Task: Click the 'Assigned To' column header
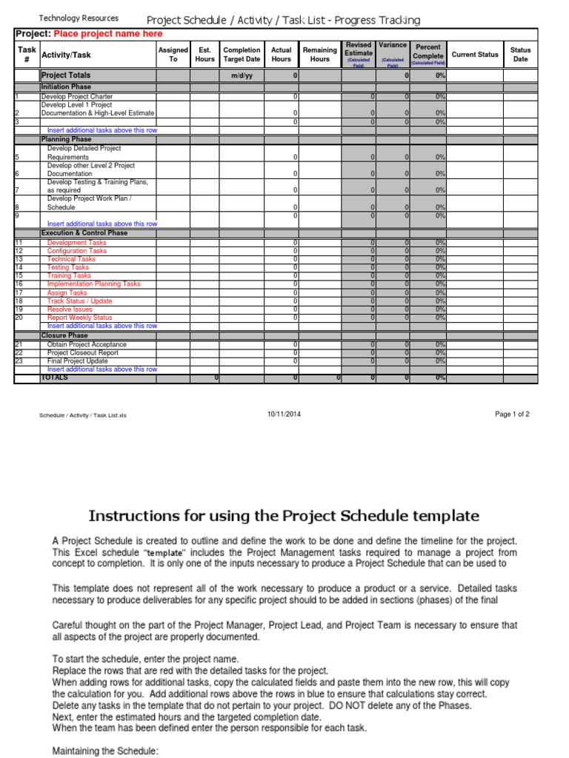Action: coord(173,55)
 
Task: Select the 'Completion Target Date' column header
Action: coord(242,55)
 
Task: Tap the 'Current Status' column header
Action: coord(475,55)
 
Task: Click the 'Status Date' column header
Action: coord(521,55)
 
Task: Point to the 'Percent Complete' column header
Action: coord(428,51)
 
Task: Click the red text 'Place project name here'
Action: coord(108,34)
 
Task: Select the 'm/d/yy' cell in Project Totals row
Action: coord(242,76)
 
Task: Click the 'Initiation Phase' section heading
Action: coord(67,87)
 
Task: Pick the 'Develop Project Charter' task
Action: coord(77,96)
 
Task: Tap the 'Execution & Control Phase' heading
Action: coord(84,233)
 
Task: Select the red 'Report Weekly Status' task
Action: coord(80,318)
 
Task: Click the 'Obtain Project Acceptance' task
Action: coord(87,345)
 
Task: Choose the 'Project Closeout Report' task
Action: coord(82,353)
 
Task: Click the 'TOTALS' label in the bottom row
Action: coord(54,378)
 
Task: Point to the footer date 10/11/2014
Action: coord(284,415)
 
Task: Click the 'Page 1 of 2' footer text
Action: coord(512,415)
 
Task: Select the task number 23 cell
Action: coord(20,361)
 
